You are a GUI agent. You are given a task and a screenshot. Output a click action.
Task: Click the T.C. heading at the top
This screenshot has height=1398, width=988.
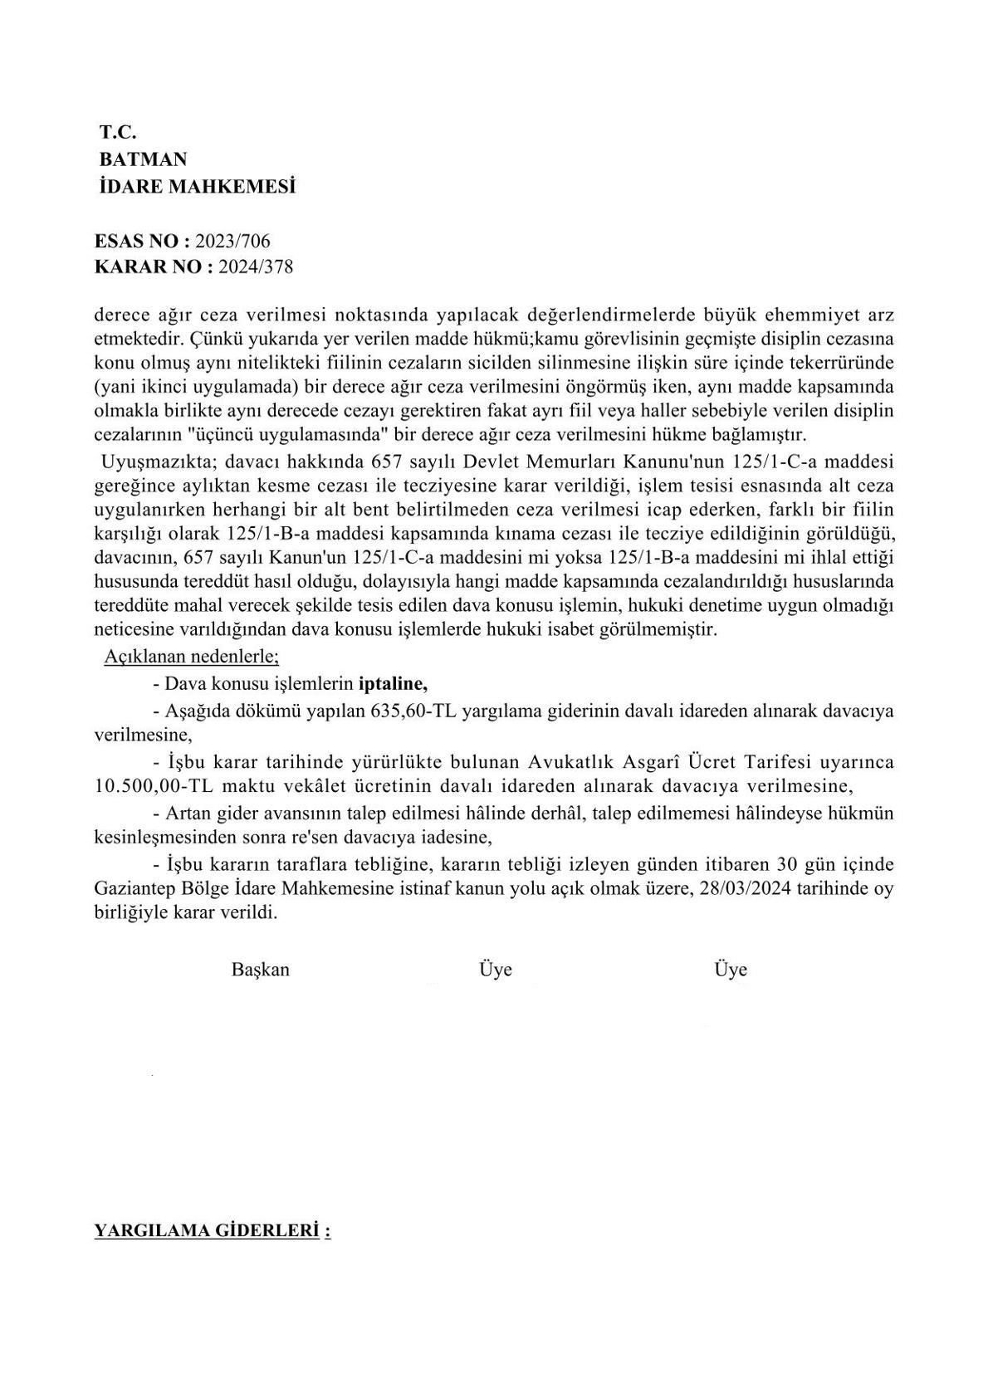coord(118,131)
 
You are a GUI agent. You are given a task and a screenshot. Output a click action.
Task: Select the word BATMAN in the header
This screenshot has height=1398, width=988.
coord(143,159)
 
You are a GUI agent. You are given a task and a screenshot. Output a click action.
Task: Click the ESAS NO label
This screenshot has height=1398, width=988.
coord(142,241)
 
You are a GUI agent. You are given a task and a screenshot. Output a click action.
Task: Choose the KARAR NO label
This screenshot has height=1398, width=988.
coord(154,267)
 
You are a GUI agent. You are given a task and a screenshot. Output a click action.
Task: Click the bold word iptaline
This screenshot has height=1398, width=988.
coord(393,684)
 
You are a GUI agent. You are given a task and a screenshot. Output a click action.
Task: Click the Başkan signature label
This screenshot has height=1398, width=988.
coord(261,970)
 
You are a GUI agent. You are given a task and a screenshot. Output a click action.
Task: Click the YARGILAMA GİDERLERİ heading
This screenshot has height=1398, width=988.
coord(208,1230)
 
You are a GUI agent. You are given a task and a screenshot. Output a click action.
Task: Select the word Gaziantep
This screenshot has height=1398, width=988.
coord(135,889)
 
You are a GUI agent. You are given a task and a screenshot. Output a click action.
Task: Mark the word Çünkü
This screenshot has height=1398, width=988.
coord(207,340)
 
